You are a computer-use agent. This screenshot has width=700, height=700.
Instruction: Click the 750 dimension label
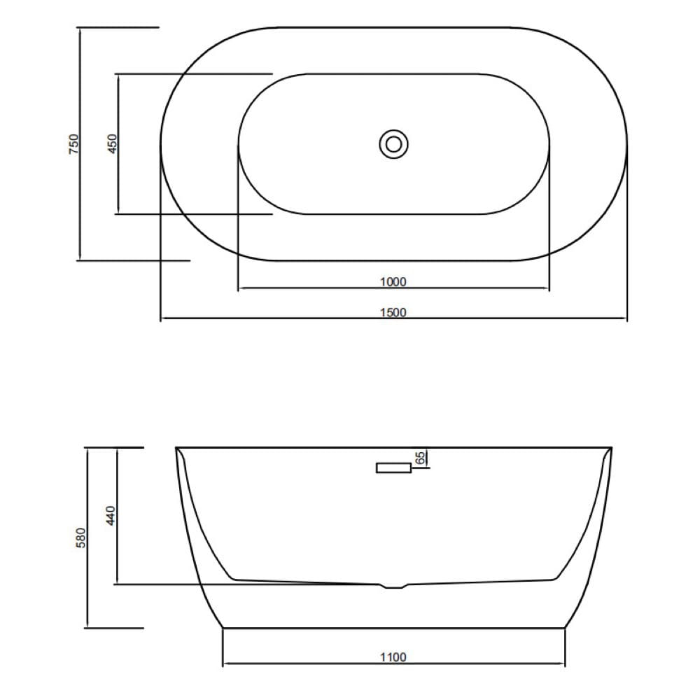pyautogui.click(x=73, y=144)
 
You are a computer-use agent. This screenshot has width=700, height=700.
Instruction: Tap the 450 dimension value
pyautogui.click(x=112, y=144)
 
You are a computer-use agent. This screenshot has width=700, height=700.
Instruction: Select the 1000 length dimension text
pyautogui.click(x=393, y=282)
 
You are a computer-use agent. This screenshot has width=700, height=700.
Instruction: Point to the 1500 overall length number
pyautogui.click(x=393, y=312)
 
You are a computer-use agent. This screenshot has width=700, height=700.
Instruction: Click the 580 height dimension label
pyautogui.click(x=80, y=538)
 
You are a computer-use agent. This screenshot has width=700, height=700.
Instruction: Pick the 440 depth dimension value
pyautogui.click(x=111, y=516)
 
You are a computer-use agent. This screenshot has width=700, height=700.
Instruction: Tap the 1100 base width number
pyautogui.click(x=393, y=657)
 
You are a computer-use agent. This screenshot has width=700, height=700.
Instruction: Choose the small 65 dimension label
pyautogui.click(x=420, y=458)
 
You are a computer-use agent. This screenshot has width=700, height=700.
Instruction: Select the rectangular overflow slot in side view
pyautogui.click(x=393, y=468)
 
